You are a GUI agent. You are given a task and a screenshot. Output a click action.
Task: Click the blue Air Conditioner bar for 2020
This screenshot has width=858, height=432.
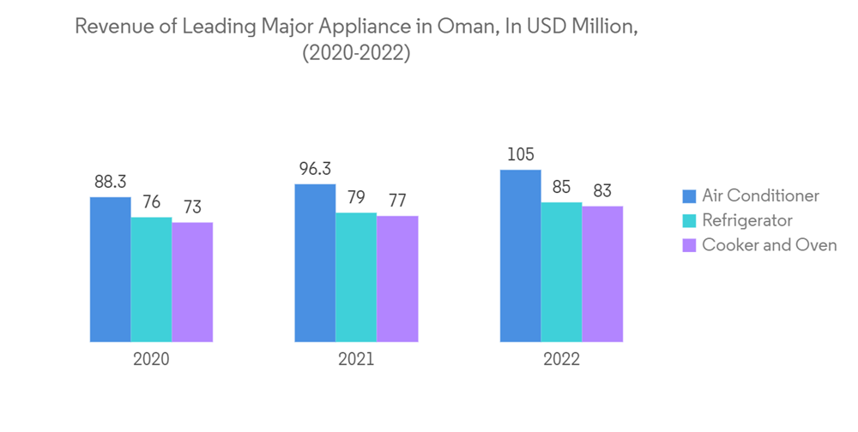(110, 269)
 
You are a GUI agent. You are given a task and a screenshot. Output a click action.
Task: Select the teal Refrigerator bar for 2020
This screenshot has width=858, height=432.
(151, 279)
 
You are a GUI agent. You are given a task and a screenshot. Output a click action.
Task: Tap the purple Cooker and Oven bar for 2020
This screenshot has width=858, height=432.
(192, 282)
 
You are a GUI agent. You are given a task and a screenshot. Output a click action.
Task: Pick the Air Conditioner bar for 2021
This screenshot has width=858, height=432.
(315, 262)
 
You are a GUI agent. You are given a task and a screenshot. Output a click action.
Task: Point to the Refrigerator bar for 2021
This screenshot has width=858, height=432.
(356, 277)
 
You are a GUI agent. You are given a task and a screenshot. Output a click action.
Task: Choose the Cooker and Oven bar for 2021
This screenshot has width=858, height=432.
(397, 279)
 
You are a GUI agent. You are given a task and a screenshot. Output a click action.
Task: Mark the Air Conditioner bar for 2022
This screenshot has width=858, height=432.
(520, 255)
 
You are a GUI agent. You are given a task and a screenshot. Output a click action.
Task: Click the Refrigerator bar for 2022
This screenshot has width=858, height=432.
(561, 272)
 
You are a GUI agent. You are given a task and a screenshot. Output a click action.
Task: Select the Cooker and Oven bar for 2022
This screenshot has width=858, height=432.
(602, 273)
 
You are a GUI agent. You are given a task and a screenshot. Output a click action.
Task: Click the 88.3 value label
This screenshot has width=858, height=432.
(110, 182)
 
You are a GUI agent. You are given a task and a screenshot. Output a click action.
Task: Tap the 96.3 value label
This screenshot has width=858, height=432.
(315, 168)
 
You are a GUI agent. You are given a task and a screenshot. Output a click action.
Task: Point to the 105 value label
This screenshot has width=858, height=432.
(520, 154)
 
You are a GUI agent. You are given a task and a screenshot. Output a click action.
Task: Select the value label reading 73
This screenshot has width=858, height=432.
(192, 207)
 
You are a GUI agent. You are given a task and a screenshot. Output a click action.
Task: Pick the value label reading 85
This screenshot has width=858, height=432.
(561, 186)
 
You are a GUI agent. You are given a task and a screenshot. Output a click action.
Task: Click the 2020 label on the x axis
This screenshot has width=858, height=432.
(151, 359)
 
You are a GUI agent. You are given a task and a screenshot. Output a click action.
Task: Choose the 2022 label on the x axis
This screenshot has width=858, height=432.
(561, 359)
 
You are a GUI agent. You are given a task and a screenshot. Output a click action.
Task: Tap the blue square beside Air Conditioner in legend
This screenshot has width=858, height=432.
(688, 196)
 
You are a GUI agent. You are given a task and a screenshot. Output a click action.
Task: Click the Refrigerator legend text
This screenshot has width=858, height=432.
(747, 220)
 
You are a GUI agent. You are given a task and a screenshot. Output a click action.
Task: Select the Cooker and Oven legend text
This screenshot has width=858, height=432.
(769, 245)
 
